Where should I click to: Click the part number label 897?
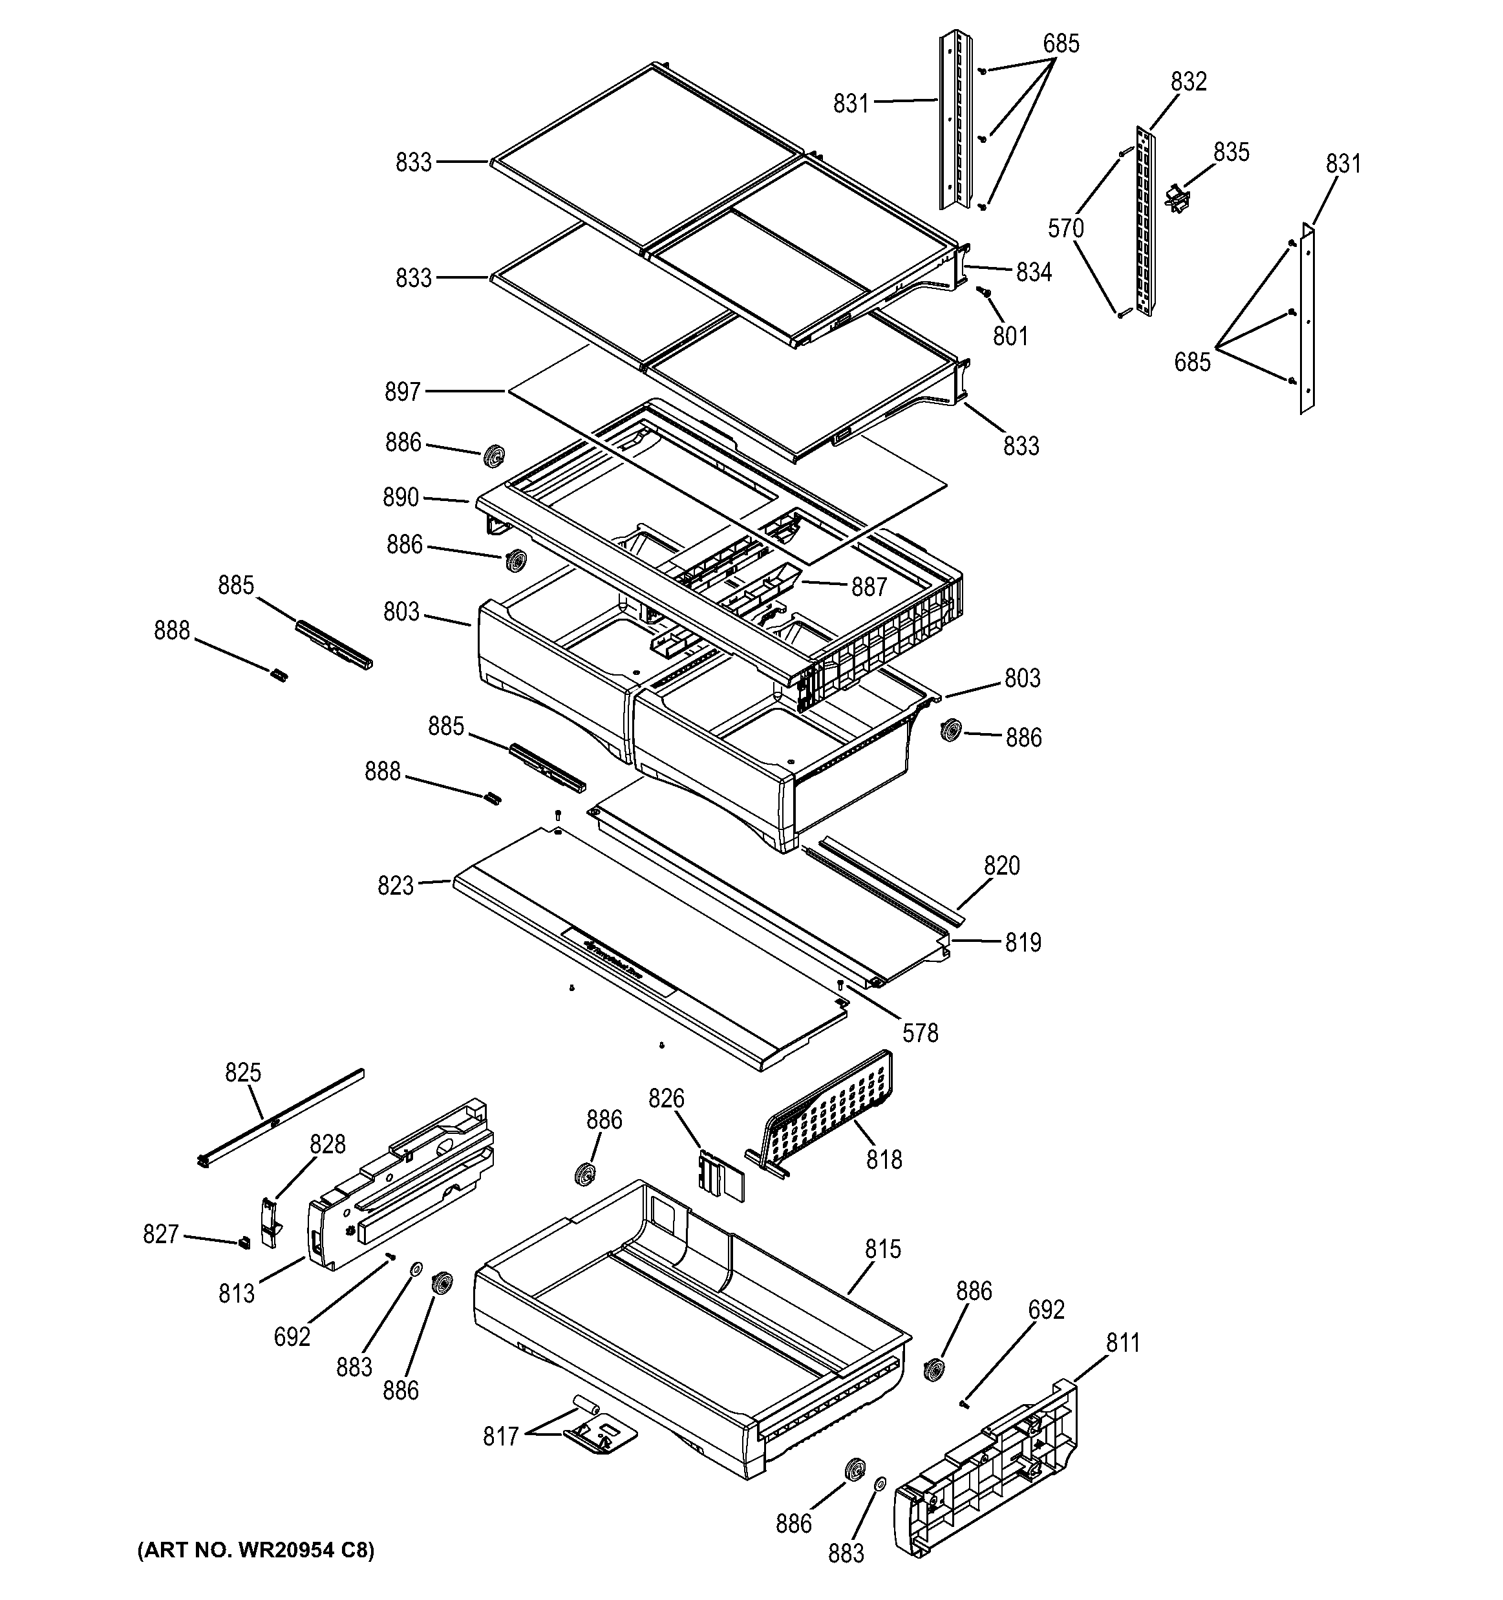[402, 392]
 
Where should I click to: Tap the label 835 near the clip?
[1231, 152]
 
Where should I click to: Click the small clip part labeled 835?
[1177, 198]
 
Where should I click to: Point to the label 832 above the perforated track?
[1188, 82]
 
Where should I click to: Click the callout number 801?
[1010, 336]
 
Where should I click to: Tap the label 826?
[666, 1098]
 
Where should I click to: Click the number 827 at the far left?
[160, 1234]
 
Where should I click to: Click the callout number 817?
[500, 1436]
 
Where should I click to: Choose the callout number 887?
[868, 587]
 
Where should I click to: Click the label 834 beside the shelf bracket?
[1033, 273]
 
